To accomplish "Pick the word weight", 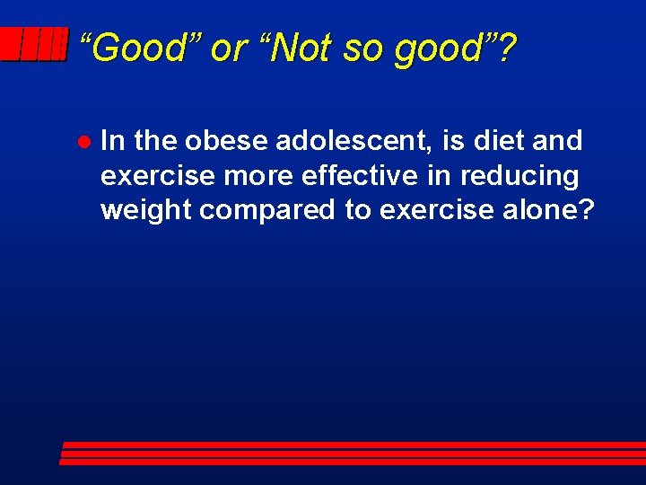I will pos(145,211).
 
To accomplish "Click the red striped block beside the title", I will pos(33,44).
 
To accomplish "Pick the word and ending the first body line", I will pos(557,141).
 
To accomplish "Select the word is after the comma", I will pos(454,141).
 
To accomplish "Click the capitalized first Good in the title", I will pos(136,48).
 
